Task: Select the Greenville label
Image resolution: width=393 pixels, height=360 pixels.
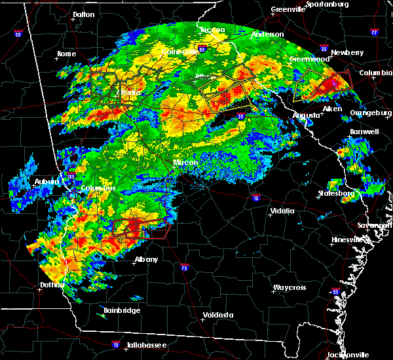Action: click(x=288, y=10)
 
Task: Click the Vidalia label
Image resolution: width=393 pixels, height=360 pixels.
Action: click(x=282, y=211)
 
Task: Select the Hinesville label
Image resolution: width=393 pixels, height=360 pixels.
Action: click(x=346, y=240)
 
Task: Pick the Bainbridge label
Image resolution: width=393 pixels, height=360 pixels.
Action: click(x=122, y=310)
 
